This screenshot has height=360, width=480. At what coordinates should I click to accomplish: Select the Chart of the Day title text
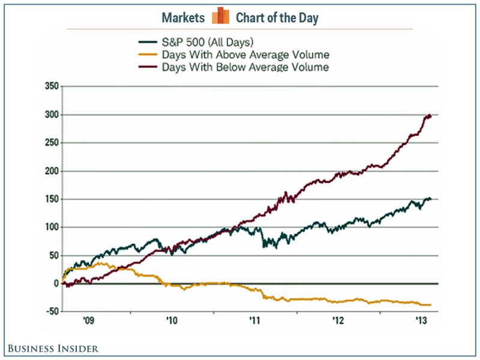point(277,17)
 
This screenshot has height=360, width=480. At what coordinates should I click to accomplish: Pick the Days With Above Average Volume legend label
point(245,55)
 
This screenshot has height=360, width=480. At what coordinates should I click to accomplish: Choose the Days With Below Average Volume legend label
point(245,67)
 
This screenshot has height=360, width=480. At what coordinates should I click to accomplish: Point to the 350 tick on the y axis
point(51,87)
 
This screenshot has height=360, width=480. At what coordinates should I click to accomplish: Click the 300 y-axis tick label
point(51,115)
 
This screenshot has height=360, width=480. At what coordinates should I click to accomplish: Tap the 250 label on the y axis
point(51,143)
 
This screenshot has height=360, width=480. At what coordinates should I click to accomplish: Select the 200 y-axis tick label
point(51,172)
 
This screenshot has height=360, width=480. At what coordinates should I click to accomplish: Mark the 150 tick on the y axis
point(51,200)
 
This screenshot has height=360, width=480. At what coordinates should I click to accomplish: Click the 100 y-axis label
point(51,228)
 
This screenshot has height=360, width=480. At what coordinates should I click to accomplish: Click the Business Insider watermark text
point(53,348)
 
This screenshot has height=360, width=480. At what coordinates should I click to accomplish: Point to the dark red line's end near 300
point(430,116)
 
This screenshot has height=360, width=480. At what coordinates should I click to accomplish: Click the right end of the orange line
point(430,305)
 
